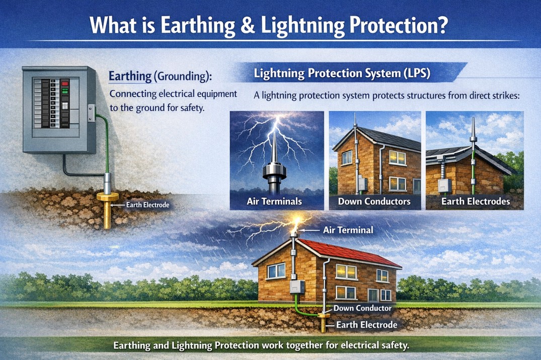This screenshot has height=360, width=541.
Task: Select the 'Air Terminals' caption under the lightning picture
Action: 274,202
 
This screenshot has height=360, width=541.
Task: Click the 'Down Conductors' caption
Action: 374,202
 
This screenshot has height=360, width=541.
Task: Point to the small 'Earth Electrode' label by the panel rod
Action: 148,205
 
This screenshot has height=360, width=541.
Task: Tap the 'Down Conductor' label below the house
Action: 362,307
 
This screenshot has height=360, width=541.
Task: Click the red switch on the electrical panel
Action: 64,83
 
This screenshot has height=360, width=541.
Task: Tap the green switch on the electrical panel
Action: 64,92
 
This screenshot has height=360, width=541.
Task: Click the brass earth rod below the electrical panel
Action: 108,211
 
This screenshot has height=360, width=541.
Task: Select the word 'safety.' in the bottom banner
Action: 395,346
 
